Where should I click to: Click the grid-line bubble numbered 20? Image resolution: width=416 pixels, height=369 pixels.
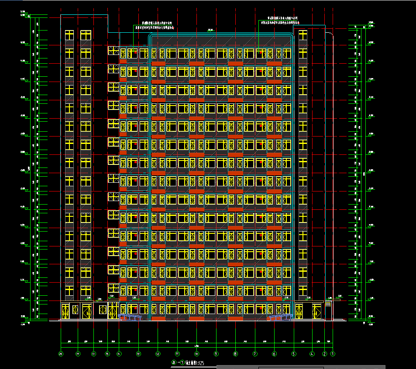[x=61, y=354]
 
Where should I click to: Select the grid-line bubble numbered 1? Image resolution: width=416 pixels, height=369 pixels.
[x=333, y=354]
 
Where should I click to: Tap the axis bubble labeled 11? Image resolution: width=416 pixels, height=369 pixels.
[x=177, y=354]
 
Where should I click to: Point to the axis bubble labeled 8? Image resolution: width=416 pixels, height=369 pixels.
[x=235, y=354]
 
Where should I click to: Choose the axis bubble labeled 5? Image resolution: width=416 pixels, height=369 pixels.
[x=294, y=354]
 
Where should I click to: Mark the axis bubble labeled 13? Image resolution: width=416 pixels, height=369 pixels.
[x=138, y=354]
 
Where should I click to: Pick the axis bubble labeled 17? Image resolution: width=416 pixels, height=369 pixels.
[x=93, y=354]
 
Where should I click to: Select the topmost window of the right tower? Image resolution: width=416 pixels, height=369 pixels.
[x=303, y=34]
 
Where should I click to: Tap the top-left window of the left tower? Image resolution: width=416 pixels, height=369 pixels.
[x=69, y=34]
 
